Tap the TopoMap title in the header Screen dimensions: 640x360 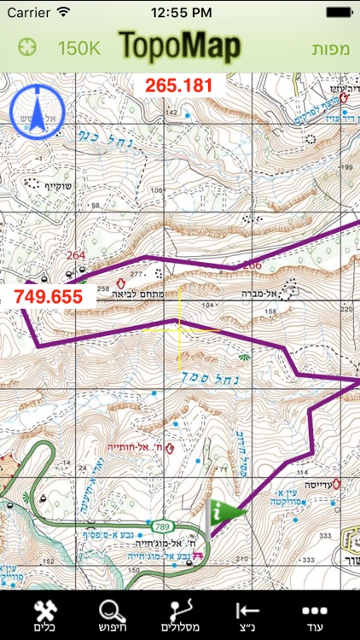(180, 47)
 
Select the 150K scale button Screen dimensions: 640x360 (78, 48)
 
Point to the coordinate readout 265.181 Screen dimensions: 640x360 (178, 85)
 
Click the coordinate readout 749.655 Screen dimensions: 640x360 (48, 296)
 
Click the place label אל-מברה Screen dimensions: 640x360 (264, 290)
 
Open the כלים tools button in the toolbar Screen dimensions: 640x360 (43, 617)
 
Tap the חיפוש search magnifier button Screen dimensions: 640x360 (112, 617)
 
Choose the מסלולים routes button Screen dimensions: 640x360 (180, 617)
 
